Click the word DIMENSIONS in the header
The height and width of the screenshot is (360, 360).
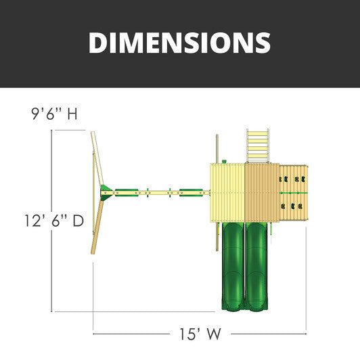pyautogui.click(x=179, y=43)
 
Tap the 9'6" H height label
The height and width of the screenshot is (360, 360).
pyautogui.click(x=54, y=114)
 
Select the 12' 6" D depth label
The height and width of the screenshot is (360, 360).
pyautogui.click(x=54, y=221)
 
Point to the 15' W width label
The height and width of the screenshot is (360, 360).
pyautogui.click(x=200, y=334)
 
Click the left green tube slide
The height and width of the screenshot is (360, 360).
pyautogui.click(x=233, y=267)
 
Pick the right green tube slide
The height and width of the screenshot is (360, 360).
pyautogui.click(x=256, y=267)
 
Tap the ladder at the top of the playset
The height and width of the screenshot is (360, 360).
pyautogui.click(x=258, y=146)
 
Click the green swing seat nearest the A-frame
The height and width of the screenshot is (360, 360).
pyautogui.click(x=127, y=193)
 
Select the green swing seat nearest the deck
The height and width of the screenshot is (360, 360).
pyautogui.click(x=191, y=193)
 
